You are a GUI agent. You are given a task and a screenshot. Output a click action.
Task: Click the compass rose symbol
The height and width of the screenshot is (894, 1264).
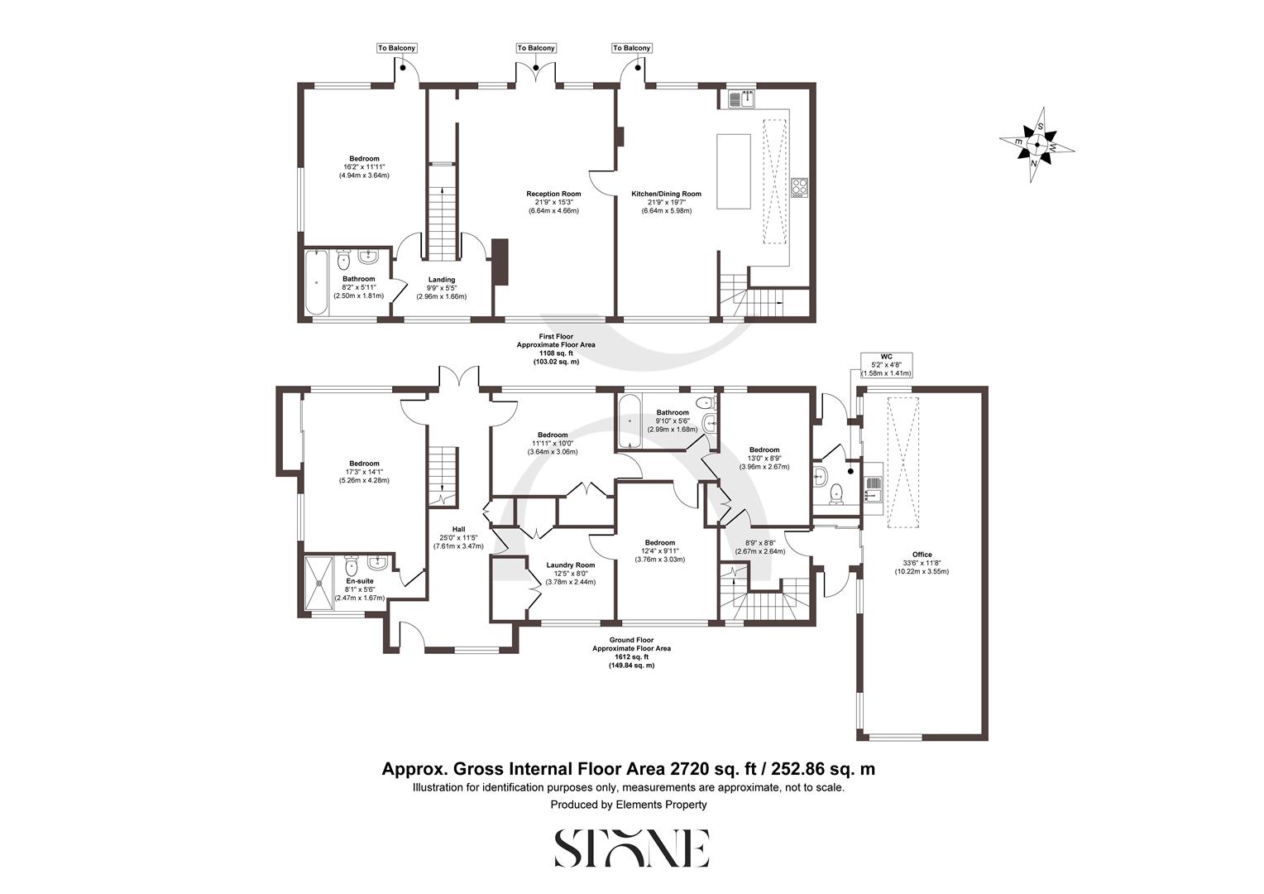[x=1037, y=145]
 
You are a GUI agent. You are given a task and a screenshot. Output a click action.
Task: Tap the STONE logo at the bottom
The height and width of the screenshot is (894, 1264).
[x=631, y=848]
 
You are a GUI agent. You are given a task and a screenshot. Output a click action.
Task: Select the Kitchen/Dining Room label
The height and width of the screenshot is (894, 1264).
[x=666, y=195]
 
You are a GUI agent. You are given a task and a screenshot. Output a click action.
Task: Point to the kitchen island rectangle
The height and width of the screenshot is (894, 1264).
[x=734, y=171]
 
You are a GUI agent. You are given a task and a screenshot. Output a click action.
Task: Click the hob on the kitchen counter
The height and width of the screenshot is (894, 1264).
[x=799, y=188]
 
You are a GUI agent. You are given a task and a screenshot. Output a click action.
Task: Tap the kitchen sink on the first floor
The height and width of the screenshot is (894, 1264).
[x=741, y=99]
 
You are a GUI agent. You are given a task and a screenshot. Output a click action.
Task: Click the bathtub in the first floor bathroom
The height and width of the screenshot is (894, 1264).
[x=316, y=282]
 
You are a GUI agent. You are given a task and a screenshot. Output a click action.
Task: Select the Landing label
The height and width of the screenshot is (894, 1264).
[x=441, y=280]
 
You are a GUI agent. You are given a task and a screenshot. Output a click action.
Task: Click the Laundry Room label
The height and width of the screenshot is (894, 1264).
[x=570, y=566]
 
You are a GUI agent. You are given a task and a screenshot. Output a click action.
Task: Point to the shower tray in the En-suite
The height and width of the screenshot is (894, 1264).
[x=321, y=583]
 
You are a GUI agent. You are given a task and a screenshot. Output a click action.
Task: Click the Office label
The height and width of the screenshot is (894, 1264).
[x=922, y=555]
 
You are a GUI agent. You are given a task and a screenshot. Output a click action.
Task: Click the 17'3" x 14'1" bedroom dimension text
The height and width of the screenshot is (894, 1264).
[x=364, y=472]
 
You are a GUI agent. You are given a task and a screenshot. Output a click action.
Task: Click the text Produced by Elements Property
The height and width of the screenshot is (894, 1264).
[x=629, y=805]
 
